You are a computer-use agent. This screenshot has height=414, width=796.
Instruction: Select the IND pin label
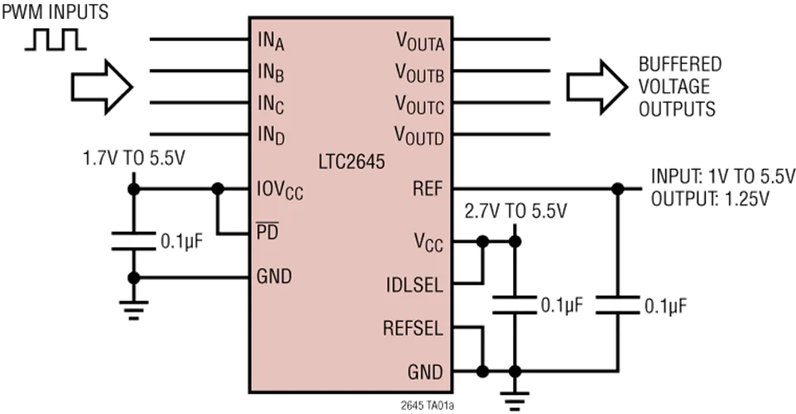coord(271,135)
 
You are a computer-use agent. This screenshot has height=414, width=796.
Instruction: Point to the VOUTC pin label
coord(420,105)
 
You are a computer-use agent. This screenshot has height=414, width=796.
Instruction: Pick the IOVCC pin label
coord(281,191)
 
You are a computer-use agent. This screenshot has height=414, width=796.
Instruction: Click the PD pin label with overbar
coord(268,233)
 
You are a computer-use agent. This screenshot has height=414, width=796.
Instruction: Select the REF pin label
coord(427,188)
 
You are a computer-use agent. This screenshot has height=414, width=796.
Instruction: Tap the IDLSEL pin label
coord(414,285)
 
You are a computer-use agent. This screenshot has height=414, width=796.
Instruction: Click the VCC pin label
coord(428,243)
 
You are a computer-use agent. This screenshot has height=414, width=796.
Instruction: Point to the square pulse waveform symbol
coord(54,40)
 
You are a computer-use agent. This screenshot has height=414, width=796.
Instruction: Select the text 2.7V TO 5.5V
coord(516,210)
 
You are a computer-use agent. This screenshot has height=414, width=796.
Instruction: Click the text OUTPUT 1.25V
coord(711,199)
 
